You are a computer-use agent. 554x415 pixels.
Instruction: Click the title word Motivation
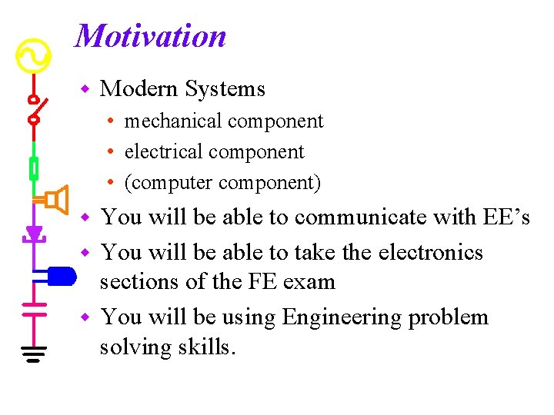click(151, 36)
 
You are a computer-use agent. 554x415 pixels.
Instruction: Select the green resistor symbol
click(34, 168)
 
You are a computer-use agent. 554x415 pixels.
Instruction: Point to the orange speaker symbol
click(56, 201)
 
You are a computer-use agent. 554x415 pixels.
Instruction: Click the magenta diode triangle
click(34, 233)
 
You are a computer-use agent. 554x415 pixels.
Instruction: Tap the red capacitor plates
click(34, 308)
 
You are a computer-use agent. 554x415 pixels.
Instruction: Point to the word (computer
click(169, 183)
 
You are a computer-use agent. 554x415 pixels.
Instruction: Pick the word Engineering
click(342, 317)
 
